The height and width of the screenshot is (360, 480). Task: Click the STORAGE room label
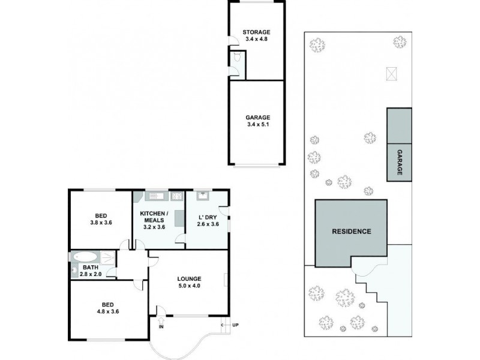click(256, 32)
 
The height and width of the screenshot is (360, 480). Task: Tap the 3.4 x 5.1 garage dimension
click(257, 125)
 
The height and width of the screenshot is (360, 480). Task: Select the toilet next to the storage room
click(237, 56)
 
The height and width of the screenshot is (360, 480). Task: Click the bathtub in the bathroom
click(85, 257)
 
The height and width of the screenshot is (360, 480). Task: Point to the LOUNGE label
click(189, 279)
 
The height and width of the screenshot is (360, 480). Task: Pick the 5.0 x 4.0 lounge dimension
click(189, 286)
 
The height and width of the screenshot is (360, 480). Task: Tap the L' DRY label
click(208, 217)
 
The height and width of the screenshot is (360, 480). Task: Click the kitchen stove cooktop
click(177, 196)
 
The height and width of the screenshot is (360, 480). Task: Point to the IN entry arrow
click(161, 321)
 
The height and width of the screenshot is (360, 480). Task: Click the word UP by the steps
click(235, 325)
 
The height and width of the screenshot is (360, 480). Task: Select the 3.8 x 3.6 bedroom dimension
click(101, 223)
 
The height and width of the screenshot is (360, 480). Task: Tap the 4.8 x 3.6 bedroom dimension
click(108, 311)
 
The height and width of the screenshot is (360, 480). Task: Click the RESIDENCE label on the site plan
click(352, 232)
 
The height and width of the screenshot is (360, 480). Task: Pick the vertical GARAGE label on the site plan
click(400, 162)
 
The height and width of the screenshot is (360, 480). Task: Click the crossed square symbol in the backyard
click(392, 74)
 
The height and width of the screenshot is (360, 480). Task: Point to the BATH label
click(91, 268)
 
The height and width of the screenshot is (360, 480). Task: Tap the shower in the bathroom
click(108, 257)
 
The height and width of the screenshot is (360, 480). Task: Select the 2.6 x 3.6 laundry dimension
click(208, 224)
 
